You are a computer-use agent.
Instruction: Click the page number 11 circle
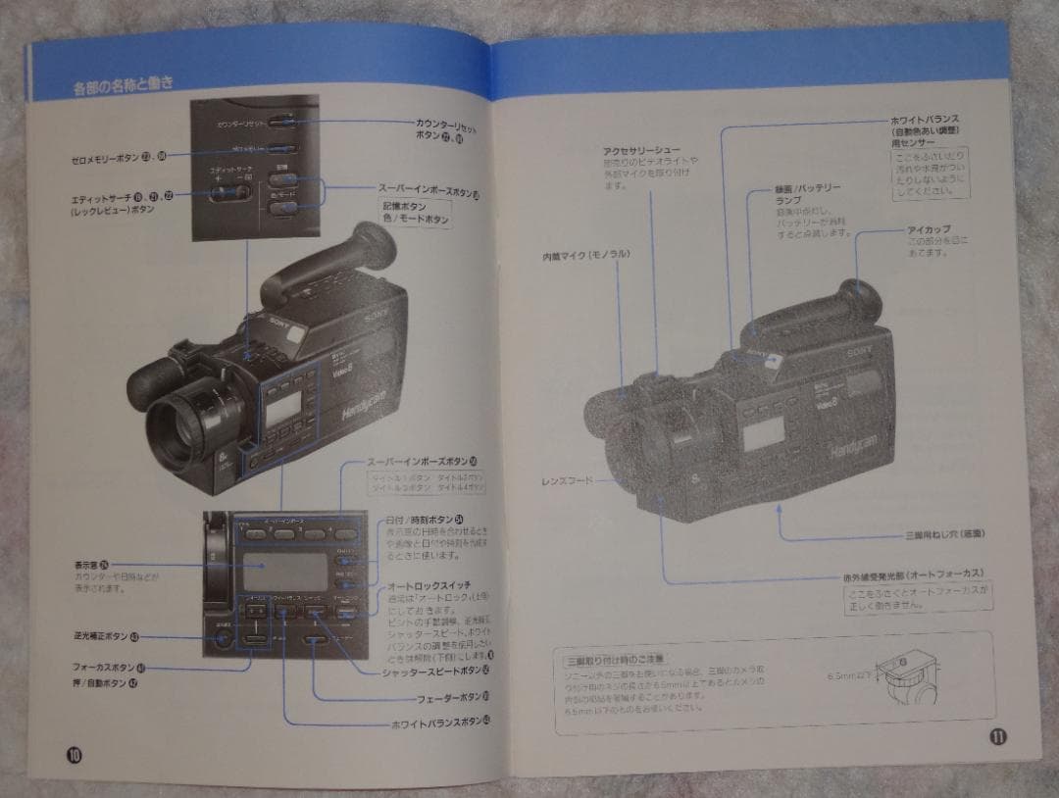997,737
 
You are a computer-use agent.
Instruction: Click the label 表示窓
89,564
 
